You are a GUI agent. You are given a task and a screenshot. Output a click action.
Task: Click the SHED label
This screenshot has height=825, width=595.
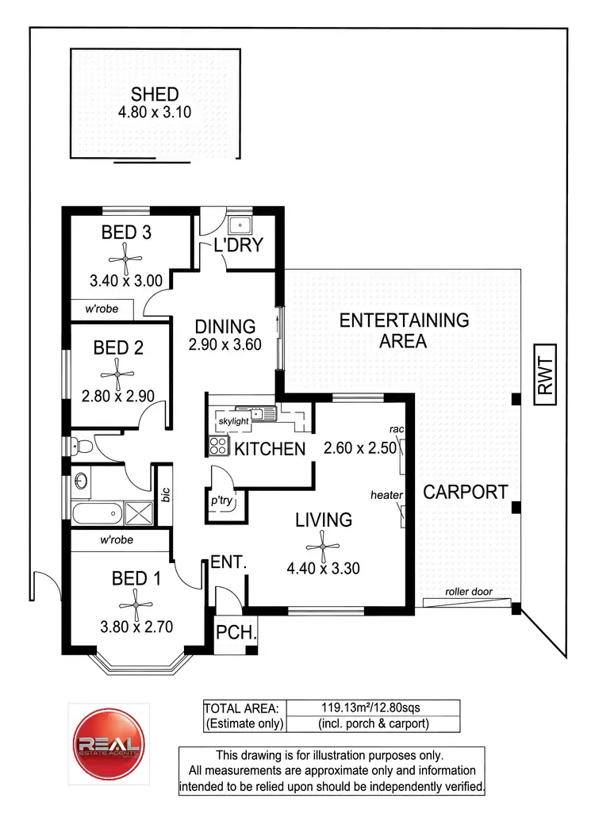point(155,96)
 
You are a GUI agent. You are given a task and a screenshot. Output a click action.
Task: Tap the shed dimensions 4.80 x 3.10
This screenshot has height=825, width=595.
point(155,113)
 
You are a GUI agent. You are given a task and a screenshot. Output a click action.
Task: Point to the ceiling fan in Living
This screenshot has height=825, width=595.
point(323,543)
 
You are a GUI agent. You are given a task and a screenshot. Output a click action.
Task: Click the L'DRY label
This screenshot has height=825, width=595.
point(238,245)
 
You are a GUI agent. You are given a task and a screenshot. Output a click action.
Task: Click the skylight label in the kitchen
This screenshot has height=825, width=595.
point(234,419)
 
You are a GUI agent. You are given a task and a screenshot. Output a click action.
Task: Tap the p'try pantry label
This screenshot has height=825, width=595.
point(221,503)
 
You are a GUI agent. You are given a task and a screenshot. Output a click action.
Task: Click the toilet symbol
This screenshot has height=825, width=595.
point(83,447)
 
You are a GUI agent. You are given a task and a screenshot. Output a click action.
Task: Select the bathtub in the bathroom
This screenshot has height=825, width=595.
point(97,513)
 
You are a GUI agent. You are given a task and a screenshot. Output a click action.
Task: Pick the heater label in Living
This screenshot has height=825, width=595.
point(386,496)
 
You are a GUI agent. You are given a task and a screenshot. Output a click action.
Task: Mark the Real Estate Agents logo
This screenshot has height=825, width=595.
point(109,745)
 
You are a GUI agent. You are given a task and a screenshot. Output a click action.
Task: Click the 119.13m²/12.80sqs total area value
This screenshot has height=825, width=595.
point(371,708)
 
